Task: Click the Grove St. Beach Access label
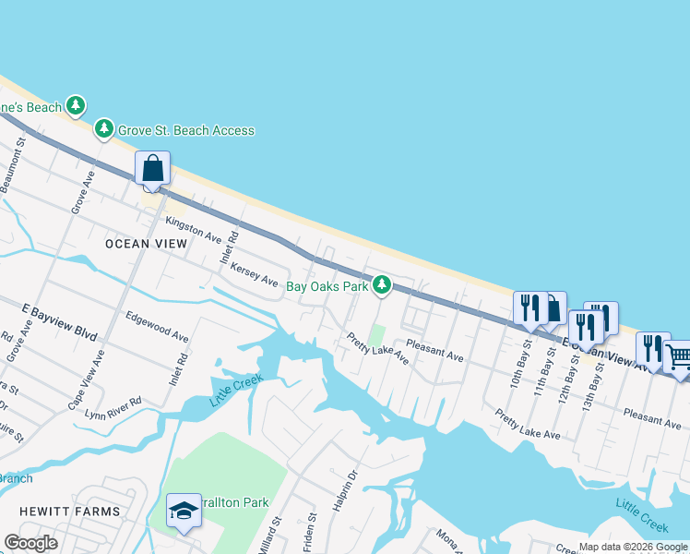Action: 185,130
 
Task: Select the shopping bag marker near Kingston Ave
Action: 152,170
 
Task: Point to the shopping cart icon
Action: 678,356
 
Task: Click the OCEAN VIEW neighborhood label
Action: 146,244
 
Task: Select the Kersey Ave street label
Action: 255,273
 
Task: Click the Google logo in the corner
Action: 31,543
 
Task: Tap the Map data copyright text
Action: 634,547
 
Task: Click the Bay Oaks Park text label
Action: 327,287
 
